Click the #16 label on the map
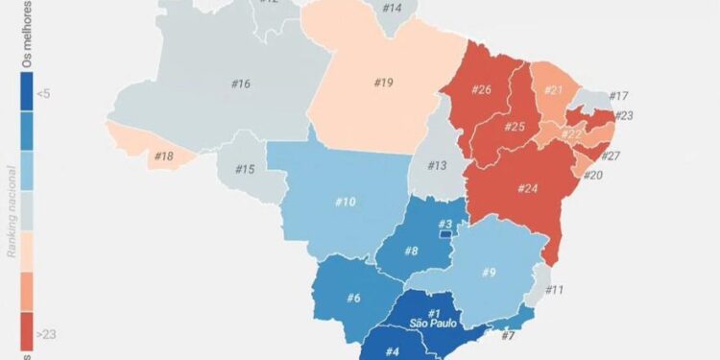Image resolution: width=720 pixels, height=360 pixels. click(x=241, y=84)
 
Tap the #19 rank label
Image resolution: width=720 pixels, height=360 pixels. click(x=383, y=83)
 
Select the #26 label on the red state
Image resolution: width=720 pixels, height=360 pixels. click(x=482, y=89)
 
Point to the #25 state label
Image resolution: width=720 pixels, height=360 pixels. click(x=515, y=126)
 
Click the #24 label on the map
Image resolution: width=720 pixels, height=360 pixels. click(x=527, y=188)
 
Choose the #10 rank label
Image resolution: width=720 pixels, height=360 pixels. click(x=346, y=202)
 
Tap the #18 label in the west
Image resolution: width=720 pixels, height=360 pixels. click(x=163, y=156)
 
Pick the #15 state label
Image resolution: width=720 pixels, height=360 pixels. click(x=245, y=170)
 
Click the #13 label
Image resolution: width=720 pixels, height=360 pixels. click(x=438, y=166)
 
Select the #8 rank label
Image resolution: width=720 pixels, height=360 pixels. click(x=411, y=252)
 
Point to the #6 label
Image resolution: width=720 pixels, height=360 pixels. click(x=354, y=298)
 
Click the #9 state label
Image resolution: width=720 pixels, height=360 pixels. click(x=489, y=274)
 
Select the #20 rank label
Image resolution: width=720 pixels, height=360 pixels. click(x=593, y=176)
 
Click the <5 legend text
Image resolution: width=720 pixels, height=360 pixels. click(x=44, y=93)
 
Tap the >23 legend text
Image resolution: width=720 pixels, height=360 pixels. click(x=45, y=333)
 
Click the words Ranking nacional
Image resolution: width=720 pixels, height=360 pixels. click(x=12, y=212)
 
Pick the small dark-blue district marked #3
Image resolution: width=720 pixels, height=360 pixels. click(x=445, y=233)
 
